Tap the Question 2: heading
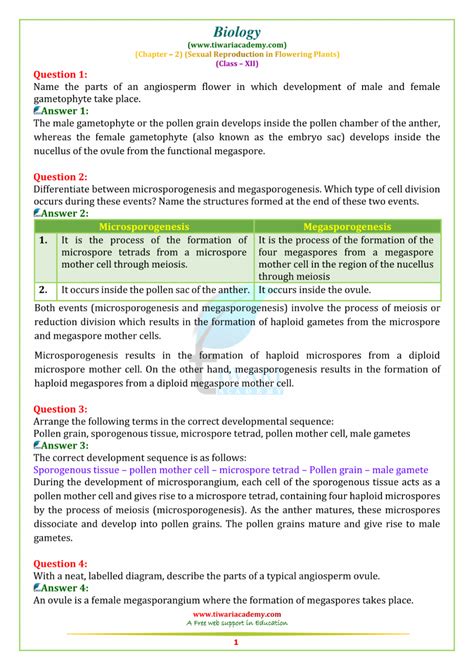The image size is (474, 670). [x=61, y=176]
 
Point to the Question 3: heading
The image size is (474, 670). [x=61, y=409]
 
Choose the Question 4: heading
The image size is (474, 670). [x=61, y=564]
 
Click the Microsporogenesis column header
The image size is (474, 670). [x=144, y=227]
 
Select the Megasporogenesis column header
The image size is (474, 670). [x=346, y=227]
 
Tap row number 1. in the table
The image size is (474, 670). [x=43, y=241]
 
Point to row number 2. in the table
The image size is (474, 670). [x=43, y=290]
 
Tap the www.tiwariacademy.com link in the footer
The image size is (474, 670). [x=237, y=614]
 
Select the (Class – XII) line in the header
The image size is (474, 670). [x=237, y=62]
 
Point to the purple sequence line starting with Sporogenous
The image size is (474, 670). [x=231, y=469]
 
